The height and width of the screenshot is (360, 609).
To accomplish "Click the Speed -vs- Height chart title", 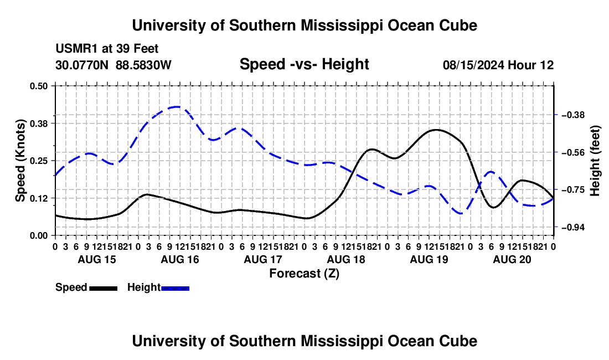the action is click(x=304, y=64).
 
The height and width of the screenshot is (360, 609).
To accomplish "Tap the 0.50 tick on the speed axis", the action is click(x=38, y=86).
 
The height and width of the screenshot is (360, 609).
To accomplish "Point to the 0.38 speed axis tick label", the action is click(x=38, y=124).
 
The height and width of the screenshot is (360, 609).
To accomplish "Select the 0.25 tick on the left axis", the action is click(x=38, y=161).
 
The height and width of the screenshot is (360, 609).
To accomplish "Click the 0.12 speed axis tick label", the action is click(x=38, y=198).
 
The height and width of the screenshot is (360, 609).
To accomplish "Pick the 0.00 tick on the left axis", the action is click(x=38, y=236).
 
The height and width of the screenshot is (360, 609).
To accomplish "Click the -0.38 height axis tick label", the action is click(x=573, y=115).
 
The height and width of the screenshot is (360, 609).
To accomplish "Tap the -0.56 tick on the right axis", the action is click(x=573, y=152).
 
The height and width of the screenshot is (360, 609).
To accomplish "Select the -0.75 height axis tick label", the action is click(x=573, y=190).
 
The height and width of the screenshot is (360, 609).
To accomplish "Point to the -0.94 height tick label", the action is click(x=573, y=227).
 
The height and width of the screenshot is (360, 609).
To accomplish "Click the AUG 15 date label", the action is click(x=97, y=259).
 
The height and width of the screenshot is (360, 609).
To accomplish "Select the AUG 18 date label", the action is click(x=346, y=259).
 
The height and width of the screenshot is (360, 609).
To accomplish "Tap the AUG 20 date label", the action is click(x=512, y=259).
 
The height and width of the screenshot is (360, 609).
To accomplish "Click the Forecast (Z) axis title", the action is click(x=304, y=274).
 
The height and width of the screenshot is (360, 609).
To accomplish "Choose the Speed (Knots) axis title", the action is click(x=20, y=161).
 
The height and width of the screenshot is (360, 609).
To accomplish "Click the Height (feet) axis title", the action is click(x=595, y=161).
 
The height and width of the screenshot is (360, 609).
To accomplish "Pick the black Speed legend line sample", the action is click(x=104, y=288).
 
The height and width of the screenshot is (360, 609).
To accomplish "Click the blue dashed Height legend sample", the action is click(x=175, y=288).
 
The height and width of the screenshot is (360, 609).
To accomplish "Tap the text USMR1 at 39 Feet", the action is click(x=107, y=49).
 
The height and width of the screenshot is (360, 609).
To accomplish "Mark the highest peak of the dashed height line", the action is click(x=177, y=106).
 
